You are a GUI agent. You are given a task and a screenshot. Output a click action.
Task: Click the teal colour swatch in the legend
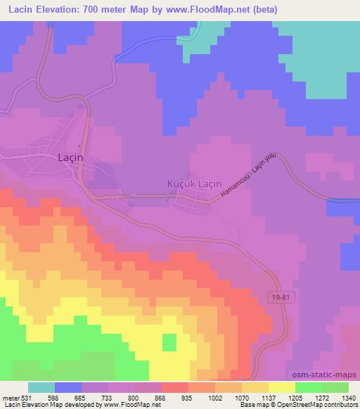[x=41, y=387]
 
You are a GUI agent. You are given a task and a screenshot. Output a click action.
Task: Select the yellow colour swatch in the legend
[x=282, y=387]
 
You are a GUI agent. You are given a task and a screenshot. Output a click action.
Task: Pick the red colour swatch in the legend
[x=175, y=387]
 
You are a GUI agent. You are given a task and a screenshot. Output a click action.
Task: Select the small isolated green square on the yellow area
[x=169, y=342]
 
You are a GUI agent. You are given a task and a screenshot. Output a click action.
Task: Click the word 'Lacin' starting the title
[x=20, y=10]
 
